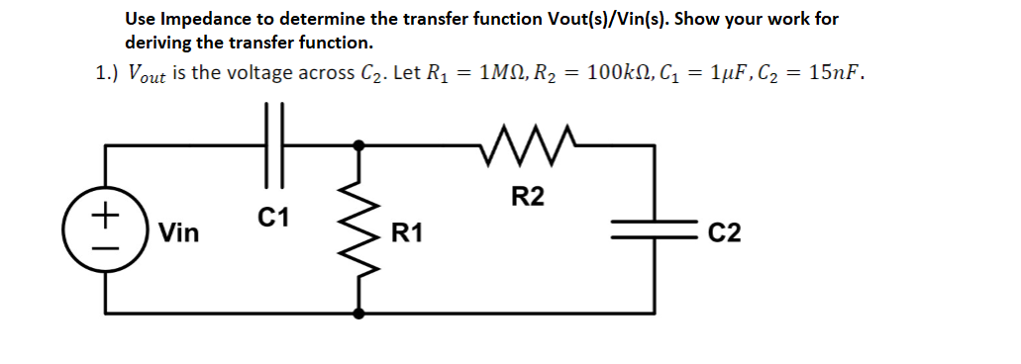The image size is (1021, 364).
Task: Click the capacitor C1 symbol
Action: point(274,144)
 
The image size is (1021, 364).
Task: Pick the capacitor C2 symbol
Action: point(654,232)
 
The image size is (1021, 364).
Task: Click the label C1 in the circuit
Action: point(272,217)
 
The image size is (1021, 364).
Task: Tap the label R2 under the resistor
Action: point(528,197)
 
